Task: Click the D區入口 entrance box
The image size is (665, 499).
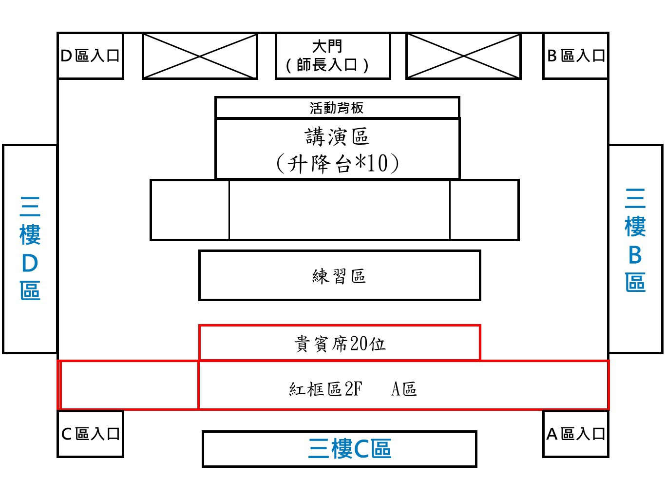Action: (90, 56)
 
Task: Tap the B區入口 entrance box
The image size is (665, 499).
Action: (576, 56)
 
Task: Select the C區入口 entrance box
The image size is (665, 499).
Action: (90, 434)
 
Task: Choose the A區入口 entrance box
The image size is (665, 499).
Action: (576, 434)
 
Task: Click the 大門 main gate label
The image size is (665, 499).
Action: (327, 46)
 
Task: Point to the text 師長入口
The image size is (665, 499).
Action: (327, 65)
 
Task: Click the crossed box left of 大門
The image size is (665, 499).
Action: (200, 56)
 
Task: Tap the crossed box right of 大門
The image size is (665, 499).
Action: (463, 56)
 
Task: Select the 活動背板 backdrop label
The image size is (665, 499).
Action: (337, 108)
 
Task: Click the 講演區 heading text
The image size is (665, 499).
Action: (337, 136)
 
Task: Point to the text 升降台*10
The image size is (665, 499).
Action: (337, 164)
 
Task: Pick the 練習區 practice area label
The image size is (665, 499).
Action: (339, 276)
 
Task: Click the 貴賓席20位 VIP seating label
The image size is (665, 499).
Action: (340, 344)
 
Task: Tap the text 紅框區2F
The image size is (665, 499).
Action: (326, 389)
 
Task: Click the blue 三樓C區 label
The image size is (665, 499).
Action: (350, 449)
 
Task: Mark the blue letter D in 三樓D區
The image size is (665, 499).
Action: (30, 263)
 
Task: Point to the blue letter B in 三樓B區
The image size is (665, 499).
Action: (635, 255)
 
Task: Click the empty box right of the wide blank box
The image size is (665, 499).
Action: (485, 210)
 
